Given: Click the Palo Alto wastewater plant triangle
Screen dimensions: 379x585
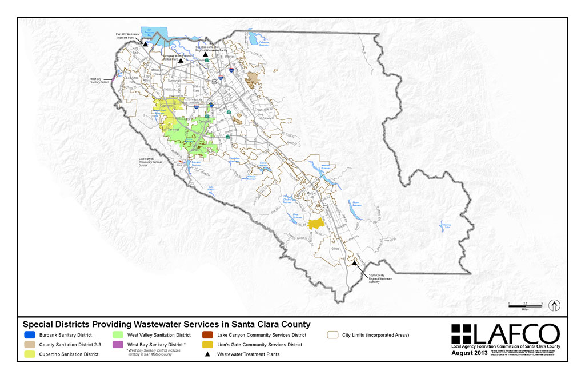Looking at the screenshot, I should click(x=146, y=44).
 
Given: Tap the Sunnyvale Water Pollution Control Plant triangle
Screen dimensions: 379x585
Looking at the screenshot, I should click(x=181, y=60).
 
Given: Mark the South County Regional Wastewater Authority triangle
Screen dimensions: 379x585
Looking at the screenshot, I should click(x=354, y=263).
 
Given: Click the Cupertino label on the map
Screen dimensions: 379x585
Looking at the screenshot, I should click(x=166, y=107).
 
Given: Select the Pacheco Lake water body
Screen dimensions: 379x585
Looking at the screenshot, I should click(x=444, y=226).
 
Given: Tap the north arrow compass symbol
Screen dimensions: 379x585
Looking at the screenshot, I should click(x=554, y=305).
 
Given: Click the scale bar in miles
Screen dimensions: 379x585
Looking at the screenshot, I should click(x=524, y=304).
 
